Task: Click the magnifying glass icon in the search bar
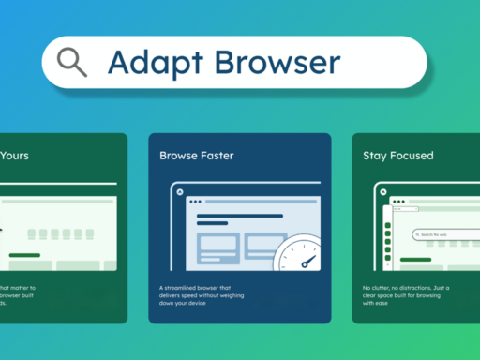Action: (72, 61)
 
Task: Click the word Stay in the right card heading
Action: (375, 157)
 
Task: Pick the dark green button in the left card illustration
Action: (24, 254)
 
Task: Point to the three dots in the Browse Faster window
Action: (195, 202)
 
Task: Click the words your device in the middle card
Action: (194, 303)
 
